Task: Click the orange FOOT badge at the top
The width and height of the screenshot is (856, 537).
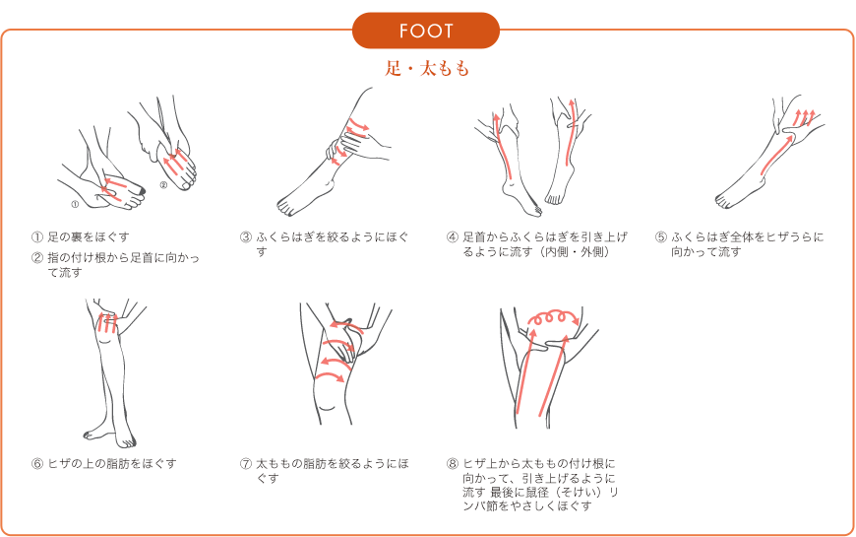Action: (x=426, y=31)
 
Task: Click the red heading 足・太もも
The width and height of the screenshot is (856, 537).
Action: (x=427, y=69)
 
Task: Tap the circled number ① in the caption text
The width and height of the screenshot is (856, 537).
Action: (x=36, y=237)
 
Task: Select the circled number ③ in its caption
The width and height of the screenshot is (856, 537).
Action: (x=246, y=237)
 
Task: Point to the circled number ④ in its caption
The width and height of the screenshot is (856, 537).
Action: (x=452, y=237)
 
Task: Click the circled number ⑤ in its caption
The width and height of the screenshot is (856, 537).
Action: (x=661, y=237)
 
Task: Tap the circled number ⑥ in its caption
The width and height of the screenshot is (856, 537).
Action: (x=36, y=464)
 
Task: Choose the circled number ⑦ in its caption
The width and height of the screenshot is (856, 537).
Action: (x=246, y=464)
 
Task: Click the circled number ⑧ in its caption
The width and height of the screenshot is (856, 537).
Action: (x=452, y=464)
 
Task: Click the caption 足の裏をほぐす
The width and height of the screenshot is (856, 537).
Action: (x=89, y=237)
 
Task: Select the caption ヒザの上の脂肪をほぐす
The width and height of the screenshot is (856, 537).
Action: (x=112, y=464)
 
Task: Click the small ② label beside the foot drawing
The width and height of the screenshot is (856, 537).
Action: (x=163, y=185)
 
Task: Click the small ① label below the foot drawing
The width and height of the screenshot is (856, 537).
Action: (x=75, y=205)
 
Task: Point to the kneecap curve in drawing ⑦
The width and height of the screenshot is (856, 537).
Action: (x=327, y=407)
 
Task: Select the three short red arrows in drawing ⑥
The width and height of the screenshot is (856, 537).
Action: (x=108, y=322)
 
